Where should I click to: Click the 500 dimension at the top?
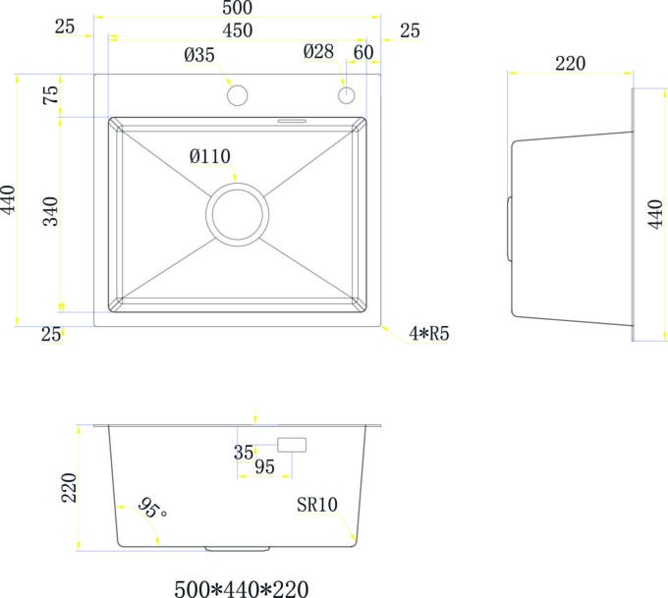tap(238, 7)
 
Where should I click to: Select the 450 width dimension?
tap(238, 30)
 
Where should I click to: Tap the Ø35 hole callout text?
tap(199, 55)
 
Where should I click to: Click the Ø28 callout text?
tap(318, 51)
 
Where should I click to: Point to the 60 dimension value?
tap(363, 52)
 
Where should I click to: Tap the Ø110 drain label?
tap(210, 156)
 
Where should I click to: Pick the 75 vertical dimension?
tap(51, 94)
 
